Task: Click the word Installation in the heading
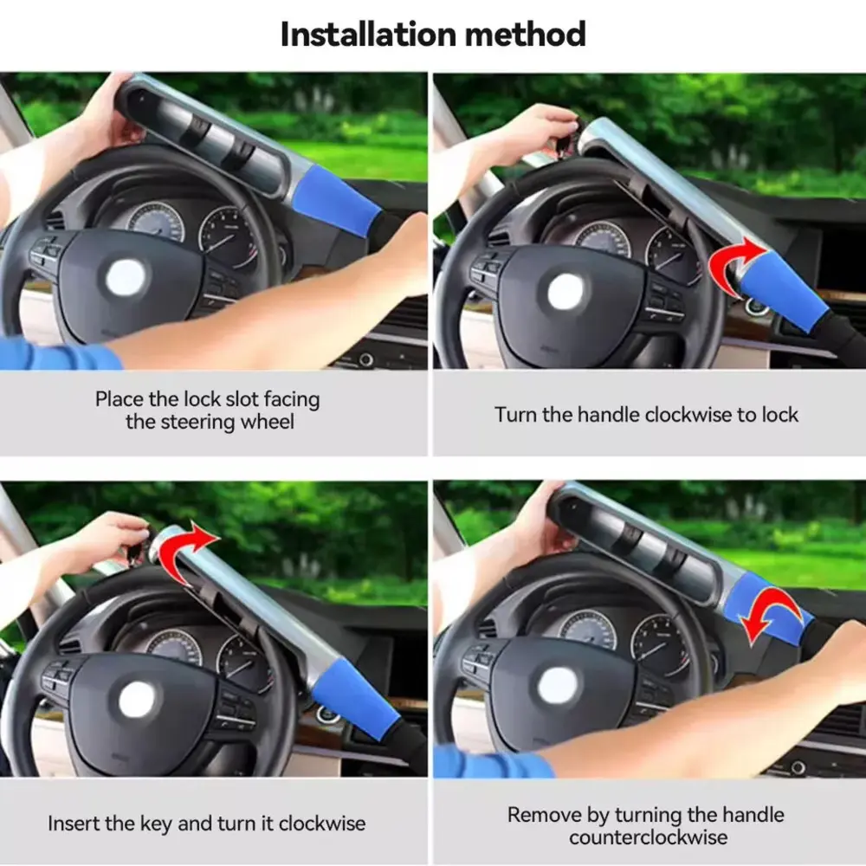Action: tap(369, 35)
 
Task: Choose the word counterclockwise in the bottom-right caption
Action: tap(648, 837)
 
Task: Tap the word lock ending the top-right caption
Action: tap(780, 414)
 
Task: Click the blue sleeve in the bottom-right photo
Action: tap(767, 608)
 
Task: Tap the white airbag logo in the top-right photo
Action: tap(565, 291)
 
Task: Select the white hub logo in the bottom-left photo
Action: tap(137, 700)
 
